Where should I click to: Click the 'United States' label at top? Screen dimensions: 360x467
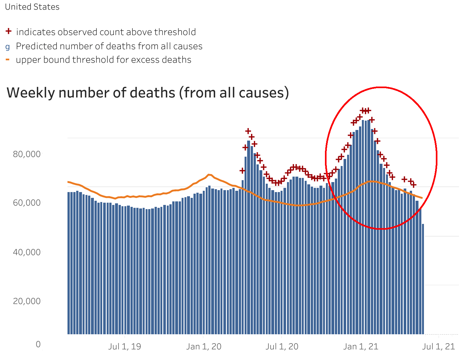point(32,7)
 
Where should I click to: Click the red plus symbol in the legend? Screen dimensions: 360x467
point(9,32)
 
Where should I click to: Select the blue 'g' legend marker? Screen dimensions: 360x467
point(8,47)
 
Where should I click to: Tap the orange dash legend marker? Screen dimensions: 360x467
point(8,60)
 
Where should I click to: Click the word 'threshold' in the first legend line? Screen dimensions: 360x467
point(175,32)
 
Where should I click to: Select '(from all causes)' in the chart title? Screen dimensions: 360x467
point(234,93)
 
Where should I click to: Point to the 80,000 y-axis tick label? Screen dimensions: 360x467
point(27,154)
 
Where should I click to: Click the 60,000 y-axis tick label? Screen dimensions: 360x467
point(27,203)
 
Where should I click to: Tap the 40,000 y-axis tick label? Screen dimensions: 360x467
point(27,252)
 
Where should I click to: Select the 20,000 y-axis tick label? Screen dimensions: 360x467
point(27,301)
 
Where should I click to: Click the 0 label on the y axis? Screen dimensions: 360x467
point(38,344)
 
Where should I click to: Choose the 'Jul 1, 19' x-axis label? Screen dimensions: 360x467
point(124,346)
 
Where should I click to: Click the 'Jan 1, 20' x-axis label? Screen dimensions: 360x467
point(204,346)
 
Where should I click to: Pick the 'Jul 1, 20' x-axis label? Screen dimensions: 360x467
point(282,346)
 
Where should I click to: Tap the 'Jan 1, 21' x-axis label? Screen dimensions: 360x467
point(361,346)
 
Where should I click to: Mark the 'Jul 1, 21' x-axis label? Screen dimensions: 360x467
point(439,346)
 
